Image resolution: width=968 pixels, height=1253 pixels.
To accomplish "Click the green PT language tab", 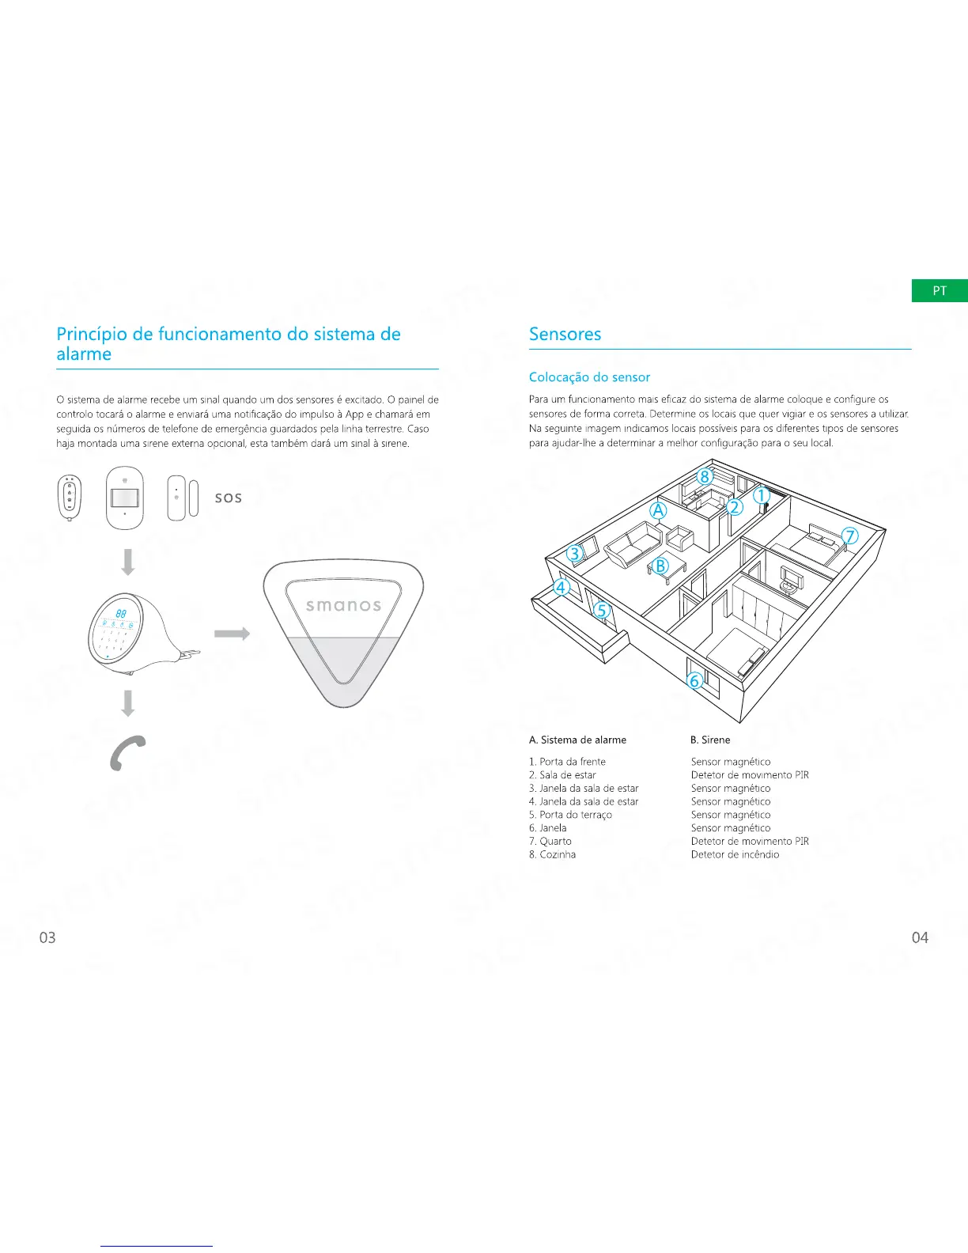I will click(x=939, y=290).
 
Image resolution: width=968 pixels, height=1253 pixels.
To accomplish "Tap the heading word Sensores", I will click(x=565, y=334).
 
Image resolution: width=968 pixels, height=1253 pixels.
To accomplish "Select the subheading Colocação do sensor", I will click(x=589, y=377).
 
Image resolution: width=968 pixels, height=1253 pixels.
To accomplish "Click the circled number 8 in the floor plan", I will click(x=705, y=476).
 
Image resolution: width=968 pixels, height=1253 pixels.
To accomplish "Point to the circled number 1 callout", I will click(x=760, y=496).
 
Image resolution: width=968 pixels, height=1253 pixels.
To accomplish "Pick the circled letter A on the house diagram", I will click(x=658, y=510).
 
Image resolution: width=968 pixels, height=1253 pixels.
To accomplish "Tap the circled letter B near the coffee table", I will click(x=660, y=566).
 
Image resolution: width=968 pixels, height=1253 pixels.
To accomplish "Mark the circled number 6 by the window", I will click(x=694, y=680).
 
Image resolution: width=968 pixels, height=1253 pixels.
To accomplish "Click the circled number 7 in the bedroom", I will click(x=849, y=536).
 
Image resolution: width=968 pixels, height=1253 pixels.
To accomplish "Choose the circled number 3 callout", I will click(x=575, y=554).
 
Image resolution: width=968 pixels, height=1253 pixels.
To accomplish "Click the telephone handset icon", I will click(x=127, y=752).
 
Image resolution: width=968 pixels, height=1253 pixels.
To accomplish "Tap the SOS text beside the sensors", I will click(x=229, y=498).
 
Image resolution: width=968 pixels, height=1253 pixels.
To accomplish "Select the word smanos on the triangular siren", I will click(x=343, y=606).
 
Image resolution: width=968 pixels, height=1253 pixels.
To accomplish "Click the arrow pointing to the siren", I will click(x=232, y=634).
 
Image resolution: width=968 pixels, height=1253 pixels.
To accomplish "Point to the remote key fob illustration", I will click(x=70, y=498).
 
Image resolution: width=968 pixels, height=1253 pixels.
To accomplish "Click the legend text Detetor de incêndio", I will click(x=735, y=854).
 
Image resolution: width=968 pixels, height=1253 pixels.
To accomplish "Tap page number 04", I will click(x=919, y=937).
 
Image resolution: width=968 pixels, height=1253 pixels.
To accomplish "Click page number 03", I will click(x=47, y=937).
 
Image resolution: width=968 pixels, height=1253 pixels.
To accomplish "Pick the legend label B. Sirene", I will click(x=710, y=740).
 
